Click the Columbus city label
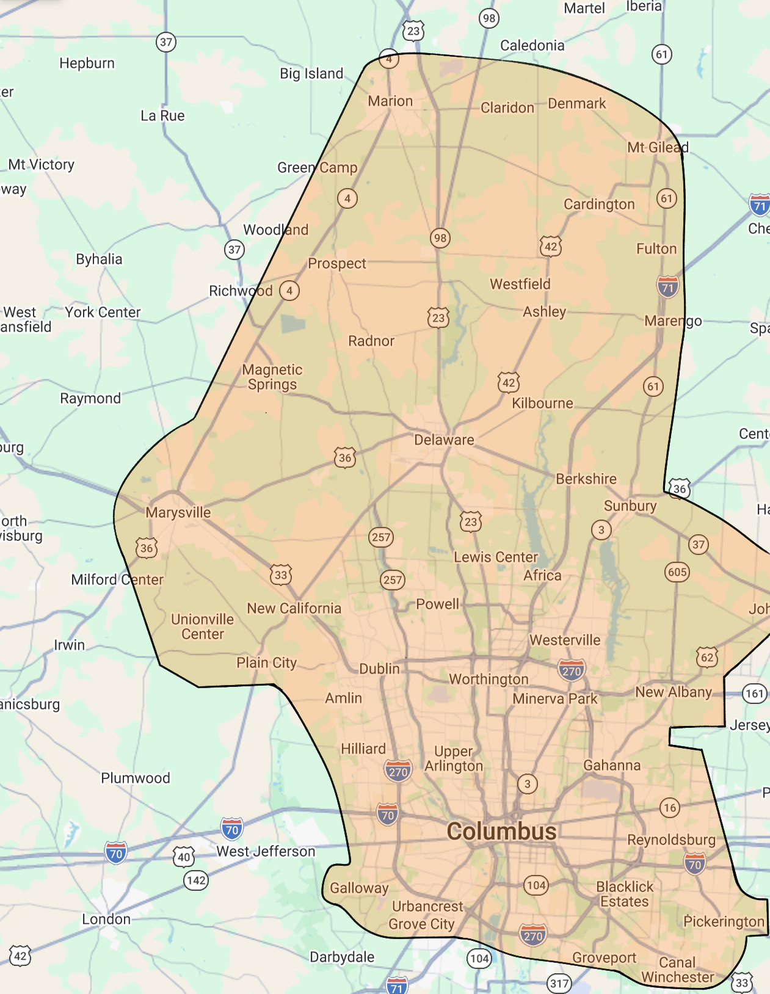(x=501, y=832)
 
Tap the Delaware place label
(x=444, y=440)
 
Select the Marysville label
(x=178, y=512)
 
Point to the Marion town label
(x=390, y=101)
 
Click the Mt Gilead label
(x=658, y=147)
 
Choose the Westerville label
(x=565, y=640)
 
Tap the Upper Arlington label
(x=454, y=758)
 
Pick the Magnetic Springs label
(x=272, y=377)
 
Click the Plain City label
(x=266, y=662)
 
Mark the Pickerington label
(x=724, y=921)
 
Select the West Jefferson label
(x=266, y=851)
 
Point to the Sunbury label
(x=630, y=506)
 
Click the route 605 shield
(x=677, y=572)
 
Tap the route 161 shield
(x=755, y=693)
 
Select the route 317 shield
(x=559, y=983)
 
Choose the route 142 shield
(x=196, y=880)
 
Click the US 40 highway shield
(x=184, y=857)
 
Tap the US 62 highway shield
(x=707, y=658)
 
